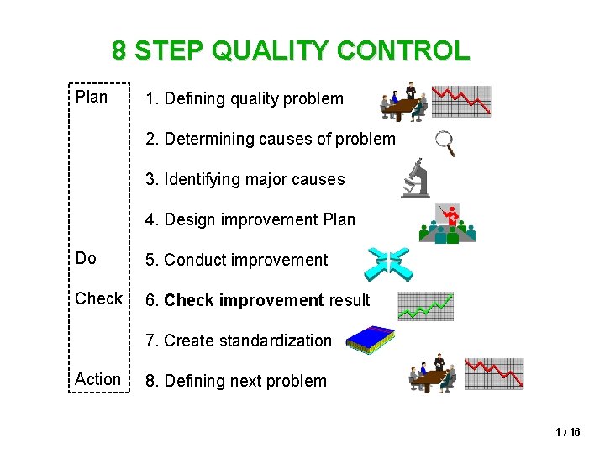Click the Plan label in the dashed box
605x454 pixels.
92,98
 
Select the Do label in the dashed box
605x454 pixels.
86,258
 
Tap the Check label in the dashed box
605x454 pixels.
99,298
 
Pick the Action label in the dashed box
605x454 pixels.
97,379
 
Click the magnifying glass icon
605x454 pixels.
445,144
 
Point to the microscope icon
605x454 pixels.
416,179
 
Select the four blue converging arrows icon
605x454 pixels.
389,264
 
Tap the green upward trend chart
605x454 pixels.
425,306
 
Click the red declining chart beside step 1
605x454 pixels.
460,101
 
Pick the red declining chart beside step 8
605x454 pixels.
494,373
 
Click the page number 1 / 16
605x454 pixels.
567,432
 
